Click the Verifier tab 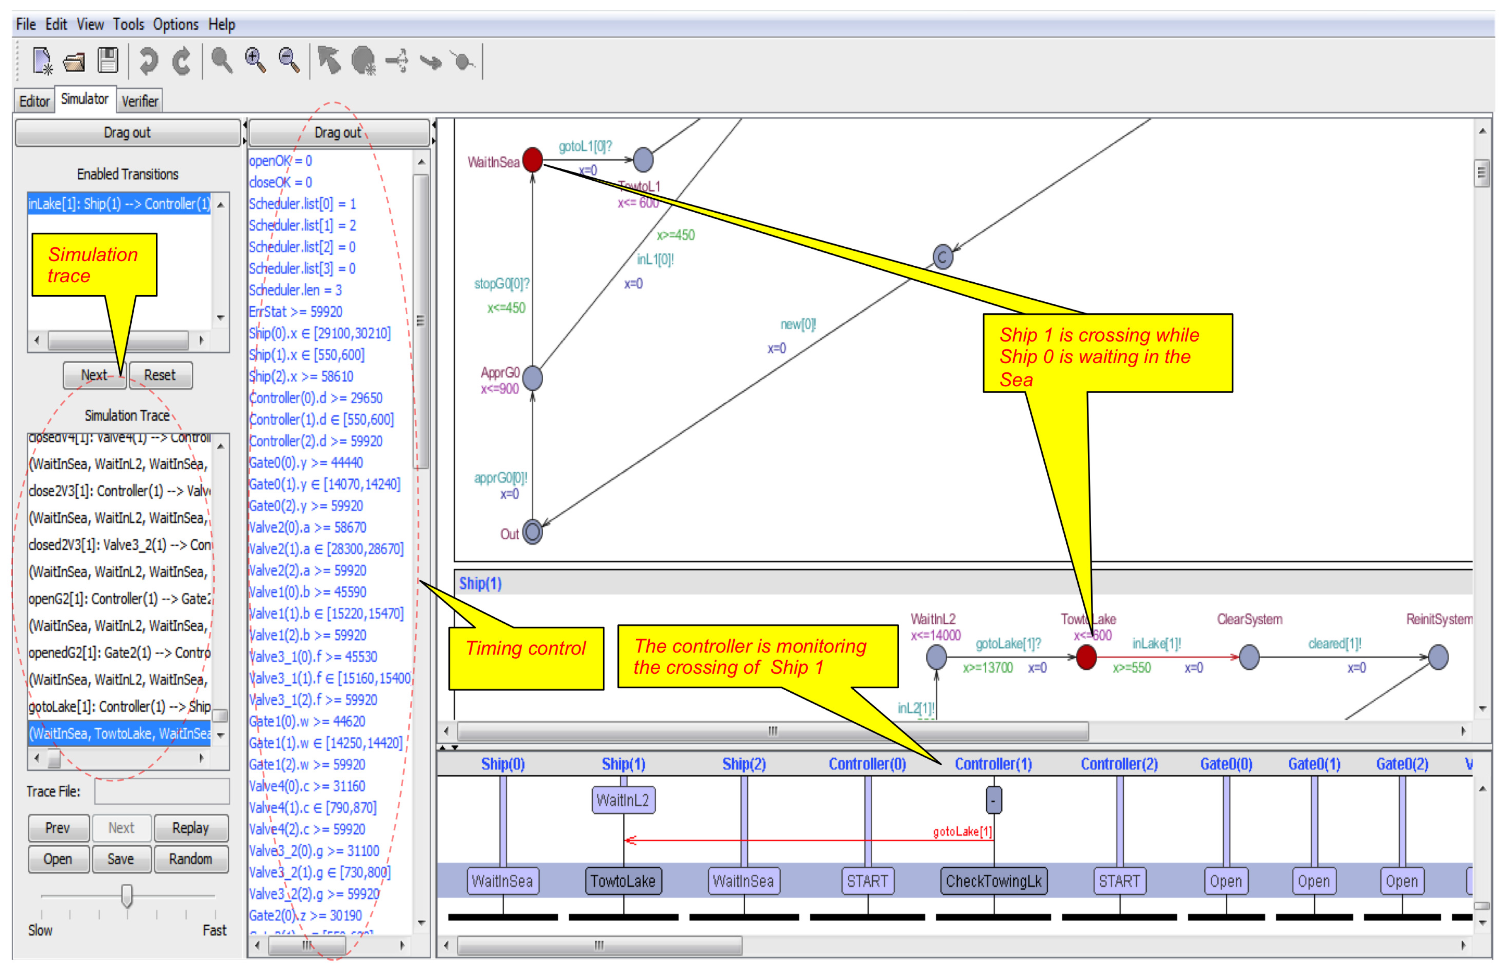tap(140, 101)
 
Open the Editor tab tap(34, 101)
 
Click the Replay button tap(190, 828)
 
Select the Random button tap(190, 859)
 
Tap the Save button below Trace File tap(121, 859)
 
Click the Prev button tap(58, 828)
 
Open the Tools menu tap(128, 24)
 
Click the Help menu tap(221, 24)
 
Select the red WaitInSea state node tap(532, 160)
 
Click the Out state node tap(532, 532)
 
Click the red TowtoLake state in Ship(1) tap(1086, 657)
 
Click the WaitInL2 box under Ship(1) tap(622, 800)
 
